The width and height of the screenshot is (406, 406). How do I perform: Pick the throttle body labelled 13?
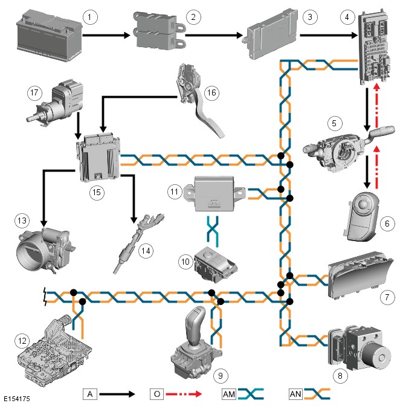click(45, 245)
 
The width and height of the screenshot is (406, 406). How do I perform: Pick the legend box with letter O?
click(156, 393)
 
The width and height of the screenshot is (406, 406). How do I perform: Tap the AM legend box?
click(228, 393)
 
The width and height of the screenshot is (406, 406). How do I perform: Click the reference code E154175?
click(17, 399)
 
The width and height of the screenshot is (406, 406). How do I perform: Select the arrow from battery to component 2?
click(106, 36)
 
